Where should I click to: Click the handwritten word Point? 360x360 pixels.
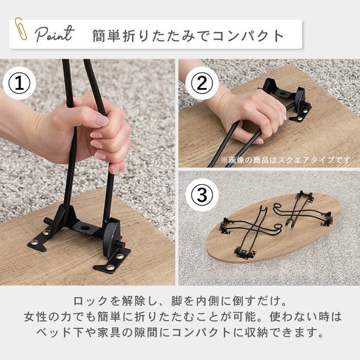55,34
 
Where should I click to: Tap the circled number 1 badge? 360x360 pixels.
20,83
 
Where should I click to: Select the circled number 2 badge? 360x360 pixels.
202,83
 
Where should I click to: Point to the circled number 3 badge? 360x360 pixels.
202,195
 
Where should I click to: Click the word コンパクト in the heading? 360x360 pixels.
248,36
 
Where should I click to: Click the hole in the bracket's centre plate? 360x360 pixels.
86,228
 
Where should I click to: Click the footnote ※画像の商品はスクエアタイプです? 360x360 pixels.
286,160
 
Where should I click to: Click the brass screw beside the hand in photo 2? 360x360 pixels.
304,111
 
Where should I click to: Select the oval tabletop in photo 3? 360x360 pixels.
273,227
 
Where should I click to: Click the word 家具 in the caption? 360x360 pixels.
109,333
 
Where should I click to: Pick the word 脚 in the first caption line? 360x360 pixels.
177,301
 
